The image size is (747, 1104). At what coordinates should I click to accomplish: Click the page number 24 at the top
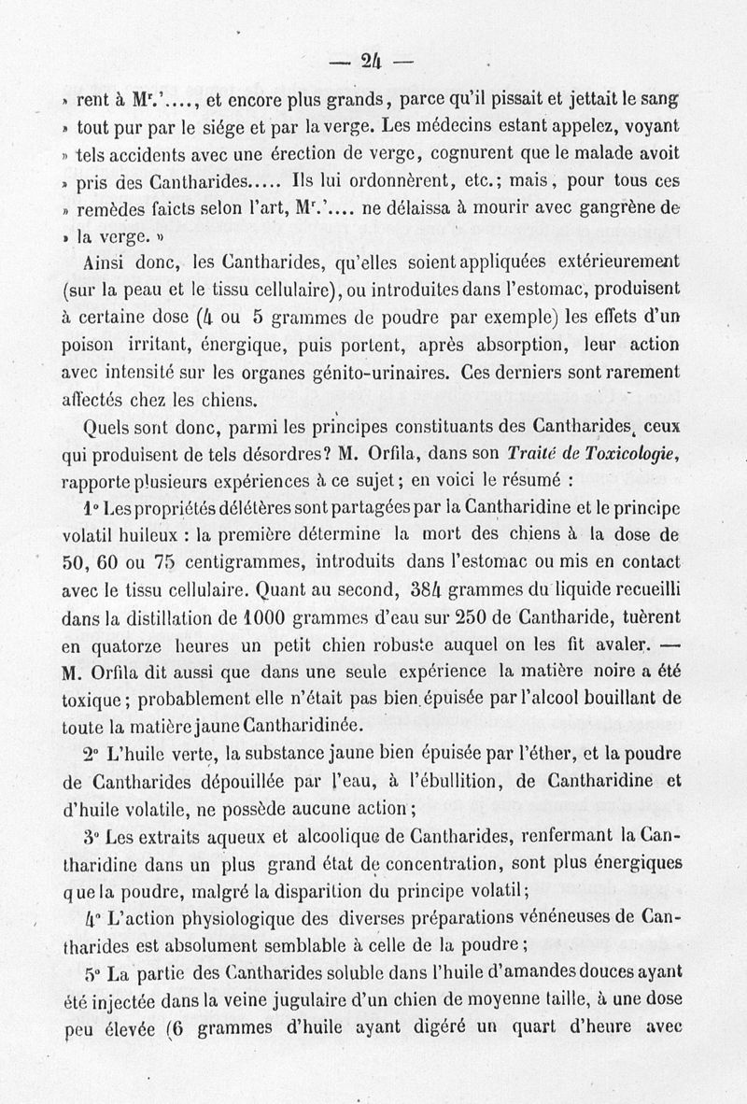pyautogui.click(x=373, y=63)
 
